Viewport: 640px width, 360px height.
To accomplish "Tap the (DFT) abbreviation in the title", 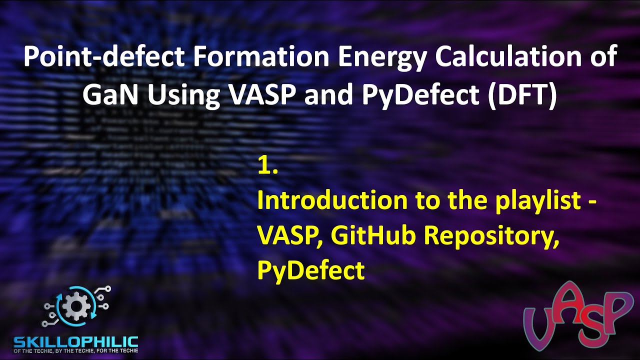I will pyautogui.click(x=524, y=95).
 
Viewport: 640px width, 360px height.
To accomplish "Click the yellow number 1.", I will pyautogui.click(x=267, y=166).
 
